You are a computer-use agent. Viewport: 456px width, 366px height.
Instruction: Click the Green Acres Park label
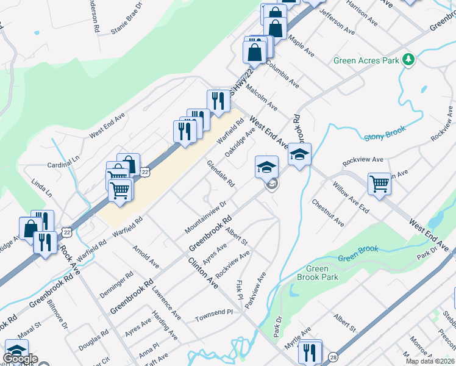366,60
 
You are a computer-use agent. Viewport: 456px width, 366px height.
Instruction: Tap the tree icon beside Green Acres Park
408,60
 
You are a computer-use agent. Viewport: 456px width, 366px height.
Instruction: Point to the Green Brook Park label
317,273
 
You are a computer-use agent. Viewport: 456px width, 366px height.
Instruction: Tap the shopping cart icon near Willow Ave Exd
379,183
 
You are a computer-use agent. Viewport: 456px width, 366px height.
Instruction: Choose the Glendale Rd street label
221,174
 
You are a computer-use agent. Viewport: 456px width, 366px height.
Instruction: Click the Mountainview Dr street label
205,217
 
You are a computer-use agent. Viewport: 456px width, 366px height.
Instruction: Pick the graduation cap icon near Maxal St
16,351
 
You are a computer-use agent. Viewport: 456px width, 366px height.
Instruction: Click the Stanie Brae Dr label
126,21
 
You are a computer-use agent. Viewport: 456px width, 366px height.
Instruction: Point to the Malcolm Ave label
262,98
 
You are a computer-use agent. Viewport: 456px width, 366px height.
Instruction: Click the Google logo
20,359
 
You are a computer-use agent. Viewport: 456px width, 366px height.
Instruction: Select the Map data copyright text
429,361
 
